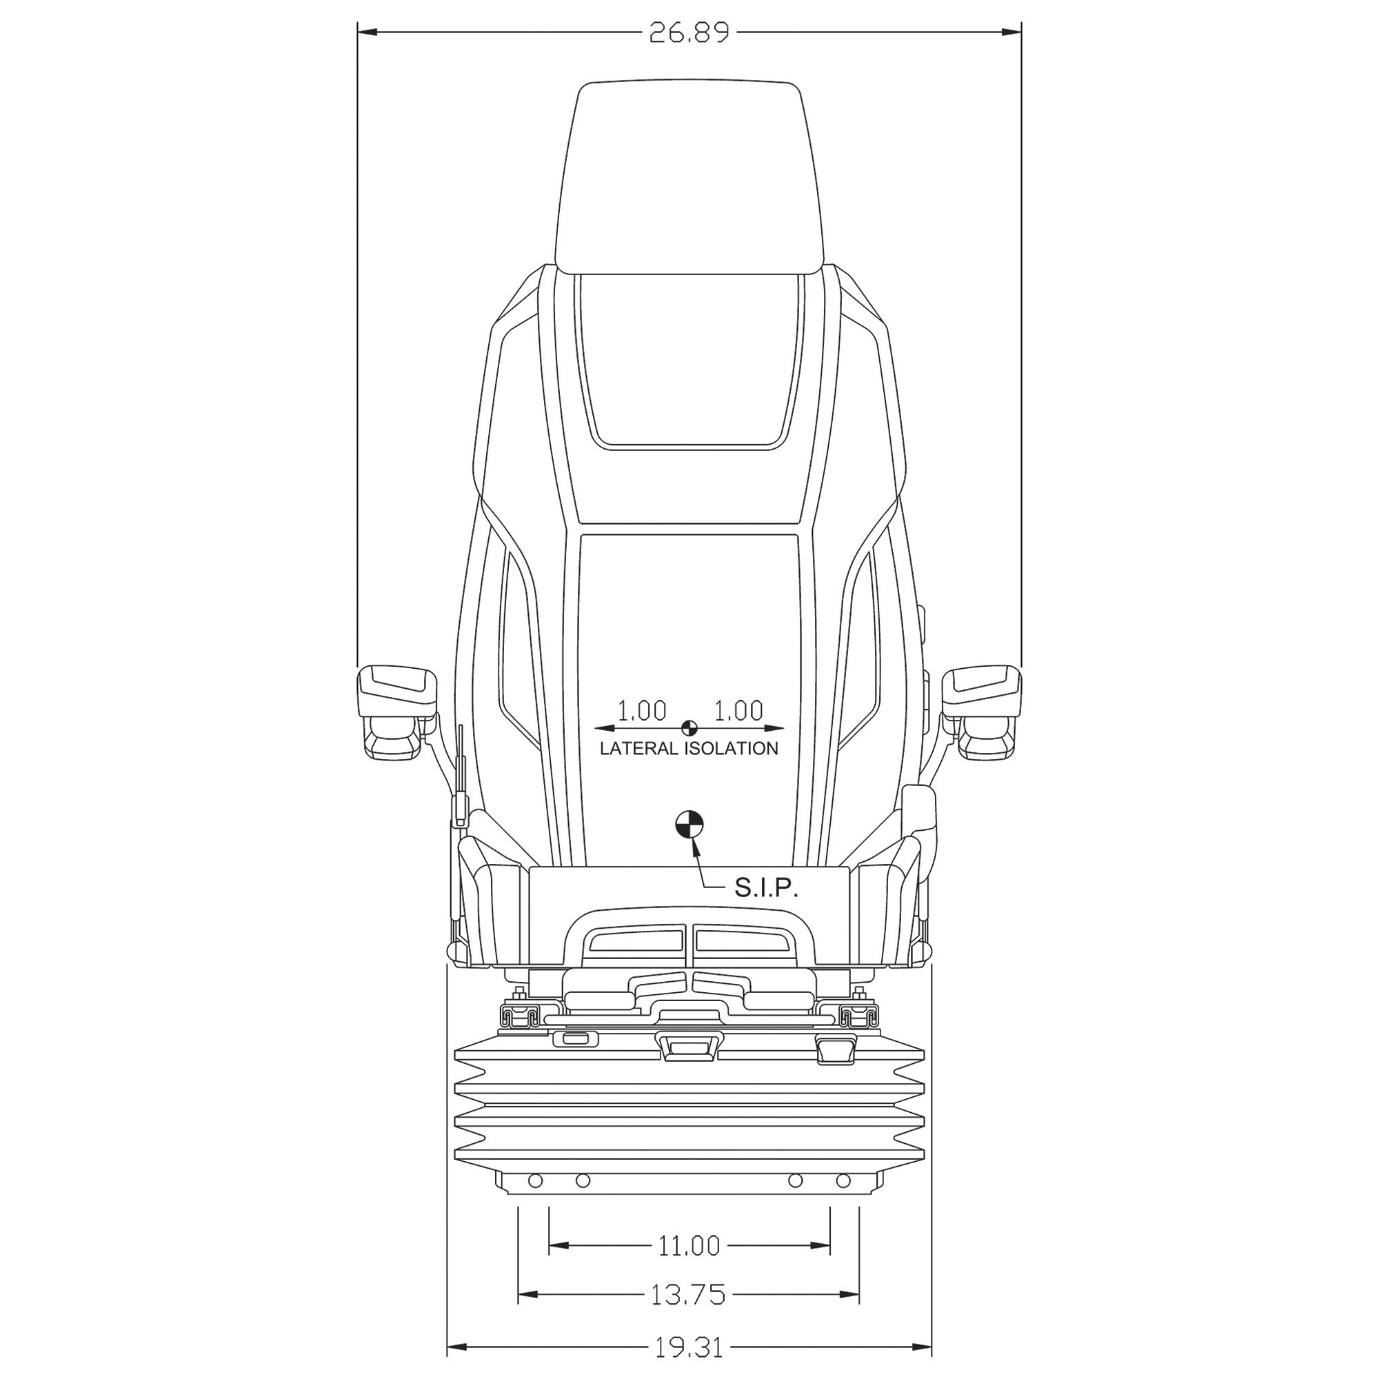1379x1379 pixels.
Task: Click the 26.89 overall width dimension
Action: click(x=689, y=33)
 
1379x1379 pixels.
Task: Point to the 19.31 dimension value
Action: click(x=689, y=1362)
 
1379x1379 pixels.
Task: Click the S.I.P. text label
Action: click(x=766, y=889)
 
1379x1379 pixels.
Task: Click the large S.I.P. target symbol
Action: click(x=689, y=826)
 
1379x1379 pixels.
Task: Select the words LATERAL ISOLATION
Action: click(x=689, y=749)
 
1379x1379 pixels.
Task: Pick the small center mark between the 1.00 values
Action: click(x=689, y=728)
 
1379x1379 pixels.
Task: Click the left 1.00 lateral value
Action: click(x=642, y=710)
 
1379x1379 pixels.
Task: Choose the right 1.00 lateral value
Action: click(x=738, y=710)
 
